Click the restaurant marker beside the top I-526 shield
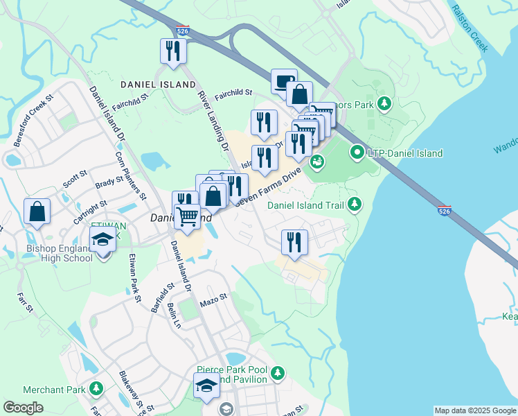(x=172, y=51)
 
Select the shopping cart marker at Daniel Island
(x=187, y=218)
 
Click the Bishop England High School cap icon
(x=102, y=241)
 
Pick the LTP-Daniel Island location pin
(x=357, y=152)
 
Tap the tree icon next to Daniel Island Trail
(x=355, y=204)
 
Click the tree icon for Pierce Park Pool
(x=278, y=374)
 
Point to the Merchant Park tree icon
(x=96, y=389)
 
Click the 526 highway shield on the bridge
(x=446, y=210)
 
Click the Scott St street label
(x=74, y=180)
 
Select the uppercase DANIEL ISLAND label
(x=158, y=85)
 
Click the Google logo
(x=23, y=408)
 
